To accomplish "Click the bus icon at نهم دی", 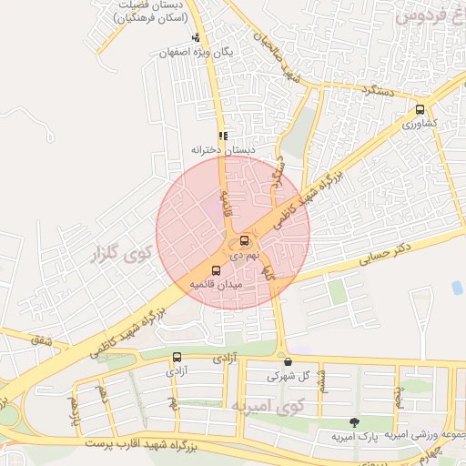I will (244, 241).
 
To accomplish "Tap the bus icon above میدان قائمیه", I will (216, 270).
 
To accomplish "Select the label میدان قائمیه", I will (216, 285).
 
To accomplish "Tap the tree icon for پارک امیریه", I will (353, 422).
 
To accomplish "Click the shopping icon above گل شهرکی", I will (289, 360).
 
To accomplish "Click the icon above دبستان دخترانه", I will (223, 135).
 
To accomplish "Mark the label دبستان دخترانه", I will (223, 148).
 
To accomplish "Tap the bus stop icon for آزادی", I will (176, 357).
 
